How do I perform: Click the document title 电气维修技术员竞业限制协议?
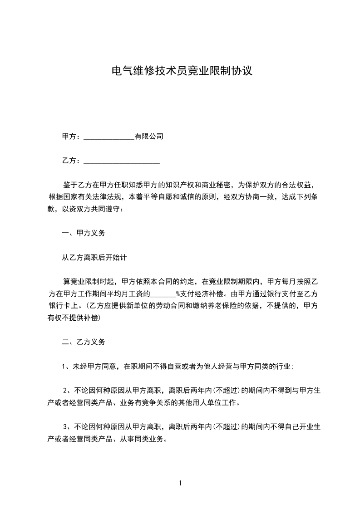[x=181, y=71]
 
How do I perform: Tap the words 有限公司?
[x=149, y=136]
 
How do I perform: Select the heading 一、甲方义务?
[x=84, y=233]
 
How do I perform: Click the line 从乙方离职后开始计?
[x=94, y=257]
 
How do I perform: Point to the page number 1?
[x=180, y=483]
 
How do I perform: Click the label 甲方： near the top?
[x=71, y=136]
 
